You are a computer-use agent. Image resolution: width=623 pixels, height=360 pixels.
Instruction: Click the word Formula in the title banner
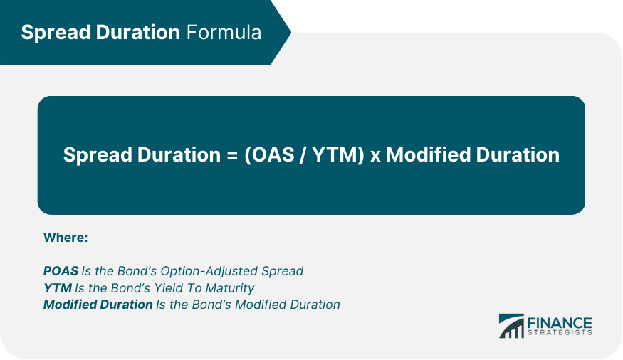click(224, 32)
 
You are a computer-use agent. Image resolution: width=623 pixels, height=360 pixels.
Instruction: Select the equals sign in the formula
click(232, 155)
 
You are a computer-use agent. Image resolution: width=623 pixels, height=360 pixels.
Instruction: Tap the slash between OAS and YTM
click(303, 155)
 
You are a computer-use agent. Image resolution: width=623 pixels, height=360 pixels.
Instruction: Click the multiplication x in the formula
click(375, 157)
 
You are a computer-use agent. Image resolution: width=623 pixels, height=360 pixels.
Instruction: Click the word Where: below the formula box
click(66, 238)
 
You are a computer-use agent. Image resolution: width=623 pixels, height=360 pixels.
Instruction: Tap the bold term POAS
click(61, 271)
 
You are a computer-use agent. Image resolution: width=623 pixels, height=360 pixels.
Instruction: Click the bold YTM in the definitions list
click(58, 287)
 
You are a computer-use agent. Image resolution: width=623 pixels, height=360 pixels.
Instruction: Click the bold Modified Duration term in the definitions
click(98, 305)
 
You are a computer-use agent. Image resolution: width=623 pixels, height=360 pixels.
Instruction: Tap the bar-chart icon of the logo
click(511, 326)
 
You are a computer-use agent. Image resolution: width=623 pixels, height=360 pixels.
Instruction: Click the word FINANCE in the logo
click(560, 323)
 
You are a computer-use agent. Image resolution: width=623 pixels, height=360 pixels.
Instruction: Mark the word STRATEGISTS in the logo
click(560, 333)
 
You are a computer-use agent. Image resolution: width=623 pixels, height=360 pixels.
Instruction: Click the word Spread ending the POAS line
click(282, 272)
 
